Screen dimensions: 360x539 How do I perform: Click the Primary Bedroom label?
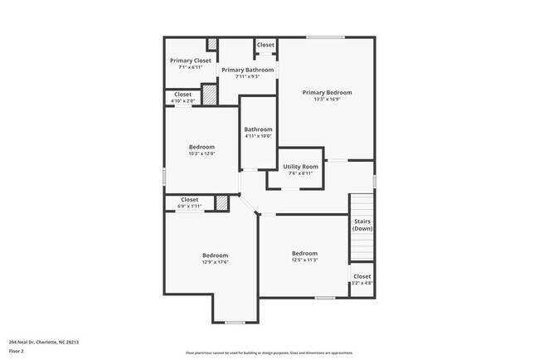327,92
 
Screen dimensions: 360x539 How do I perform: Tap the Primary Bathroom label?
247,70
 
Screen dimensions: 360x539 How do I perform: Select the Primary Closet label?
191,61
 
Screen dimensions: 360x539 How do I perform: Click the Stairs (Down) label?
362,224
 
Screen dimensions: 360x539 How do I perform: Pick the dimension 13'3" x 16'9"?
327,100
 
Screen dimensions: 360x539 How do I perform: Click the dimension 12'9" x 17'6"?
215,262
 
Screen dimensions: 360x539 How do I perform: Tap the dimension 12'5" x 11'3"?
304,260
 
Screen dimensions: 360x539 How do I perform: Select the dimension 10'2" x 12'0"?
202,153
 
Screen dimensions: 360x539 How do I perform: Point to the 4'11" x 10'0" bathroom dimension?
258,136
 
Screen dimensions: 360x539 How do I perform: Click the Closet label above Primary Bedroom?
265,45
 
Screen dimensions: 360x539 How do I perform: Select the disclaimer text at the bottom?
269,352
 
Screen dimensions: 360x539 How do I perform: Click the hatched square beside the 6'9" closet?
221,202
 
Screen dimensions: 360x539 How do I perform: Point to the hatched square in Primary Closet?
212,45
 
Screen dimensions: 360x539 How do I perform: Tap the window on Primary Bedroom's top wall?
324,36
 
